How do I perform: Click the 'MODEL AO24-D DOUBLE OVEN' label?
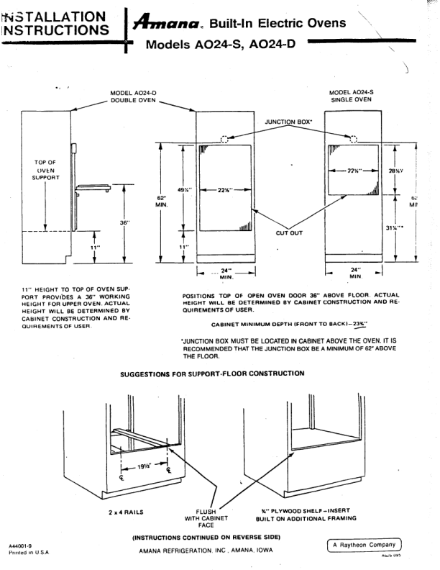[x=133, y=96]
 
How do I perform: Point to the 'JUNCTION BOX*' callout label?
[x=288, y=122]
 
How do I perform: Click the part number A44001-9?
[x=25, y=546]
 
